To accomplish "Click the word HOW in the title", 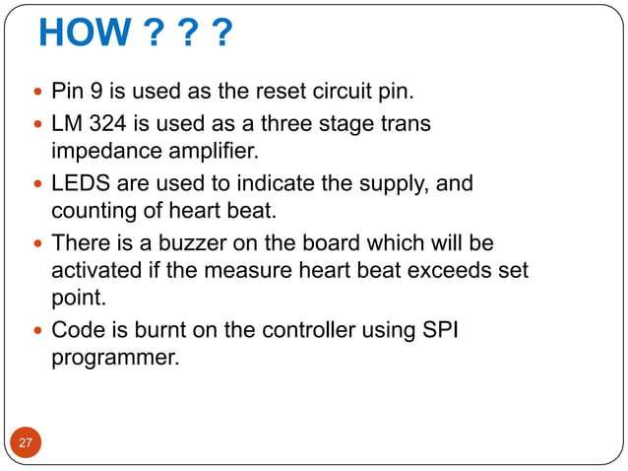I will [x=84, y=36].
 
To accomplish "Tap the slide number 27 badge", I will [x=26, y=443].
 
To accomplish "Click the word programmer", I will [x=115, y=357].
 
